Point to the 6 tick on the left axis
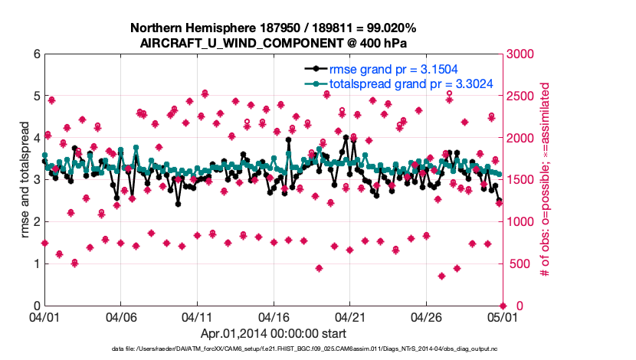35,54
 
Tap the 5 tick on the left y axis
35,97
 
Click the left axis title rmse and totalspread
25,180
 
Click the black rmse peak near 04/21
346,138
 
